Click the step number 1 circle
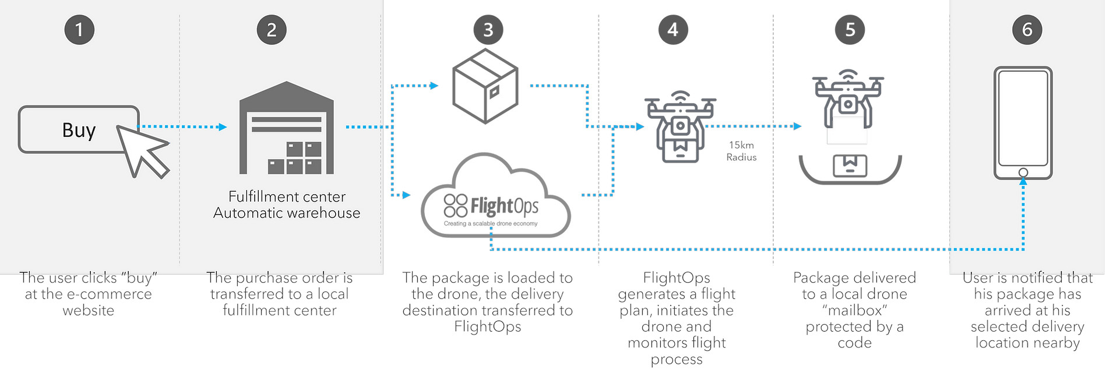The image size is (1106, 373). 79,30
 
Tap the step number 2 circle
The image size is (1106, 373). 272,30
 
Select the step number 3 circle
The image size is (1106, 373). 488,30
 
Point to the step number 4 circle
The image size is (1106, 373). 673,30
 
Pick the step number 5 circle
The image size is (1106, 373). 850,30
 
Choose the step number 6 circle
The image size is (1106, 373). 1027,30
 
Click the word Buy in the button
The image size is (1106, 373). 79,130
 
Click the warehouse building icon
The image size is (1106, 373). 287,128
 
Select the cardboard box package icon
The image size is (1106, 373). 485,86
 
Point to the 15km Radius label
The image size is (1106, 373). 741,151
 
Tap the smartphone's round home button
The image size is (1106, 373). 1023,173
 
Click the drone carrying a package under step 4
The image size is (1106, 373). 680,126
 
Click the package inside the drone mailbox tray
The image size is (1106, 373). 850,166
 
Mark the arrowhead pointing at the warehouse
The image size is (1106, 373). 223,127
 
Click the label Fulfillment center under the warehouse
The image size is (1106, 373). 287,196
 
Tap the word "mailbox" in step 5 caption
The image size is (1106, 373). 855,310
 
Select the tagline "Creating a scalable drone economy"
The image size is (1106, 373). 491,224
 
